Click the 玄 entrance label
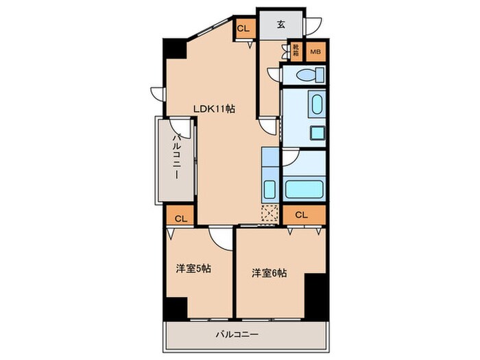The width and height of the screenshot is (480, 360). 281,25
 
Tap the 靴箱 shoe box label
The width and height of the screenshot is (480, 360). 296,51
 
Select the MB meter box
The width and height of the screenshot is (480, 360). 315,51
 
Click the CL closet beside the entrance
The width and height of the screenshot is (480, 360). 243,29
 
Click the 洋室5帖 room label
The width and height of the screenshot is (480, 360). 193,269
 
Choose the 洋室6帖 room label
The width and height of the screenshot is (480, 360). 269,273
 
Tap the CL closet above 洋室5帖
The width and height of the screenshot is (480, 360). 180,219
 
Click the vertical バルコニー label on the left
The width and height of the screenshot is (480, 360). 176,158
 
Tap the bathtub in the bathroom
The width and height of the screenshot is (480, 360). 304,188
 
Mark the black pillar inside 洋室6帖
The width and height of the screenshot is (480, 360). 315,292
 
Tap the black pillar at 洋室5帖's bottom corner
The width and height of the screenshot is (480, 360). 176,310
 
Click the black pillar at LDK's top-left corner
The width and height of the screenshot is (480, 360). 173,49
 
